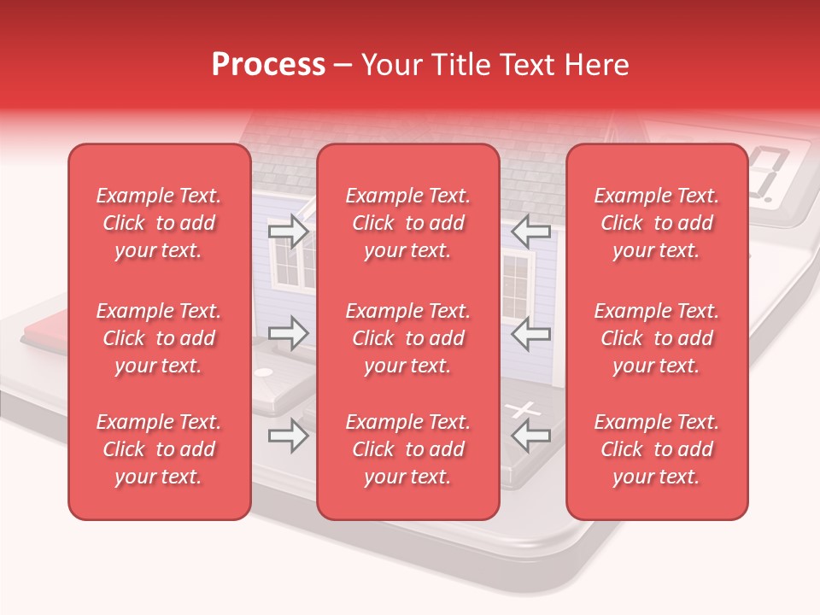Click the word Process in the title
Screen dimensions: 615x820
(x=268, y=65)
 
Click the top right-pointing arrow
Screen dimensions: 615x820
(x=288, y=231)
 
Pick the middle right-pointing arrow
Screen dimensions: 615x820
(x=288, y=333)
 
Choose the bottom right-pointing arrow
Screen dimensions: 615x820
(x=288, y=436)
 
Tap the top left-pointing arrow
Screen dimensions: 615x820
(x=531, y=231)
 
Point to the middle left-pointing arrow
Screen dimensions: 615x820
(x=531, y=333)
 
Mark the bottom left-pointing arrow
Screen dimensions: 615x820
(x=531, y=436)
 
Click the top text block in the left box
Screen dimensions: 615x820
(x=159, y=223)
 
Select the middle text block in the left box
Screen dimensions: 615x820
(x=159, y=338)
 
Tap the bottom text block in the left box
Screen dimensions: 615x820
(x=159, y=449)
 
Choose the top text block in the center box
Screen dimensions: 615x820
(x=407, y=223)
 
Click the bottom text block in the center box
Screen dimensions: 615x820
(x=407, y=449)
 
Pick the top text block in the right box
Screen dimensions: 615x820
(x=656, y=223)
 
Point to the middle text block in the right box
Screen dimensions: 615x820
(x=656, y=338)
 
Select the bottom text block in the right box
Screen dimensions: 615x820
(x=656, y=449)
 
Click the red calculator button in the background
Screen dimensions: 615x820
(x=47, y=333)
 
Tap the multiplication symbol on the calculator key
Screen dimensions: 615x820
(x=524, y=410)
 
